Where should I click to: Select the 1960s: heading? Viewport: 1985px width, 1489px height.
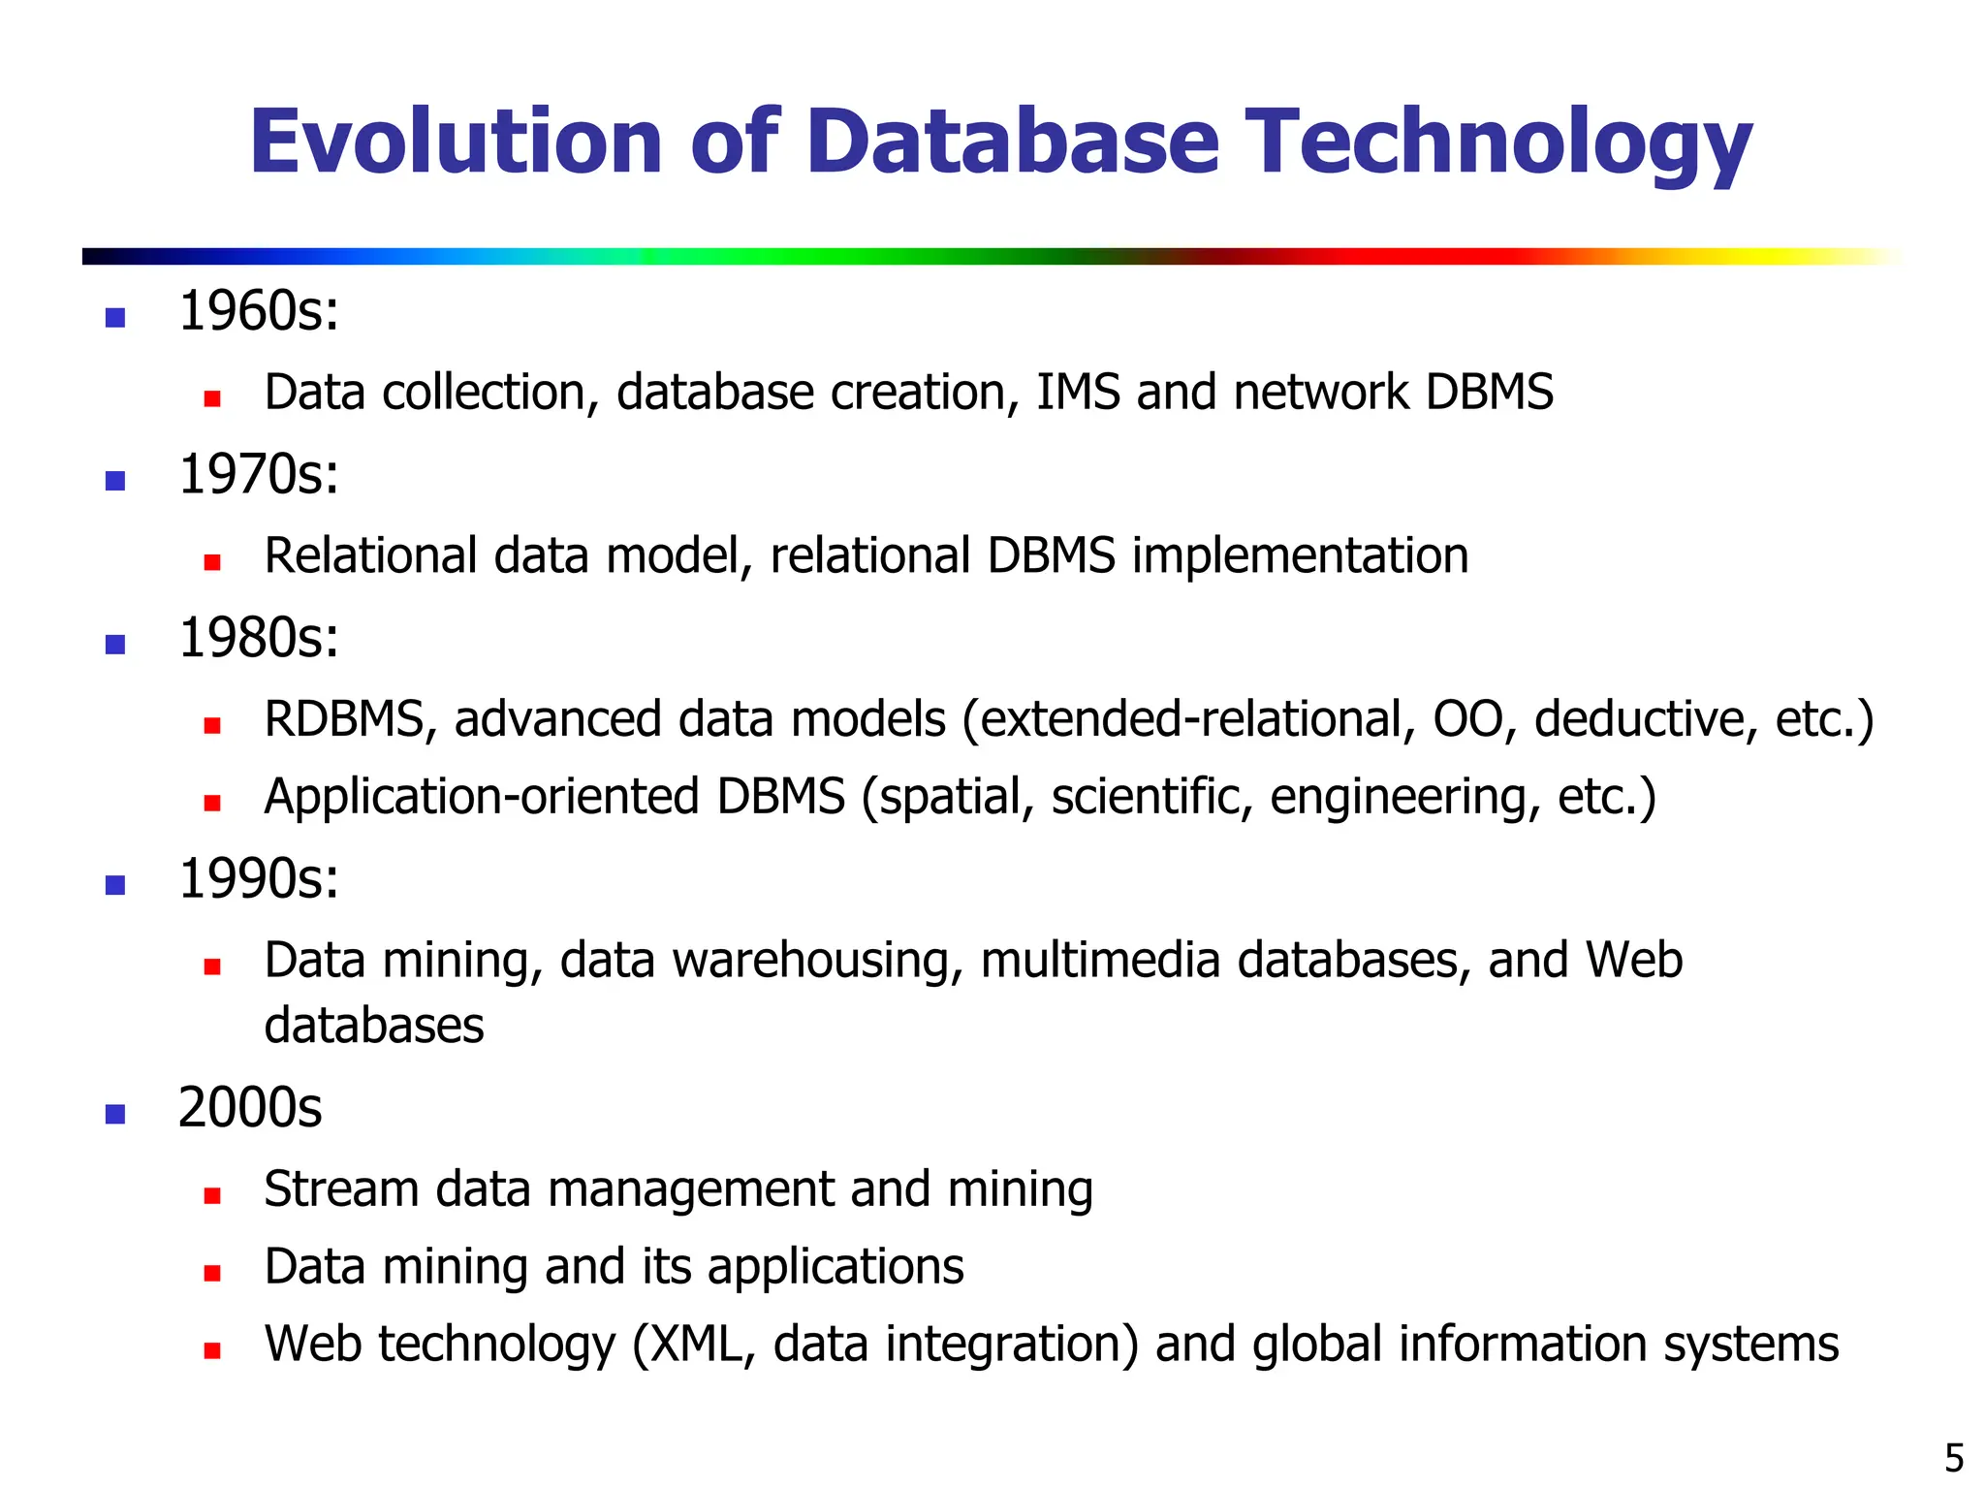[259, 312]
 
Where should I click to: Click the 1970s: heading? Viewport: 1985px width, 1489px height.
[259, 475]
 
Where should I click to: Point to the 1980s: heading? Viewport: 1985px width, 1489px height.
[259, 639]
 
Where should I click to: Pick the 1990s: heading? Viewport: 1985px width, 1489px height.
[259, 879]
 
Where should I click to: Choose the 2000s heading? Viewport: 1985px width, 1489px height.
[250, 1108]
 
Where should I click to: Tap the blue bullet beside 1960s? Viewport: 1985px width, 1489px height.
[115, 318]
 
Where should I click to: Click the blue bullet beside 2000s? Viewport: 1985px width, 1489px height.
[115, 1114]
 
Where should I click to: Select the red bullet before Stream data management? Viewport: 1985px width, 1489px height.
[212, 1195]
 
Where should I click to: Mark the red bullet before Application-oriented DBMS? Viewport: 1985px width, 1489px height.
[212, 803]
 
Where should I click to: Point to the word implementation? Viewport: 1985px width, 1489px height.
[1300, 557]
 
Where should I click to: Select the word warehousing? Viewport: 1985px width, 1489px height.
[817, 961]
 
